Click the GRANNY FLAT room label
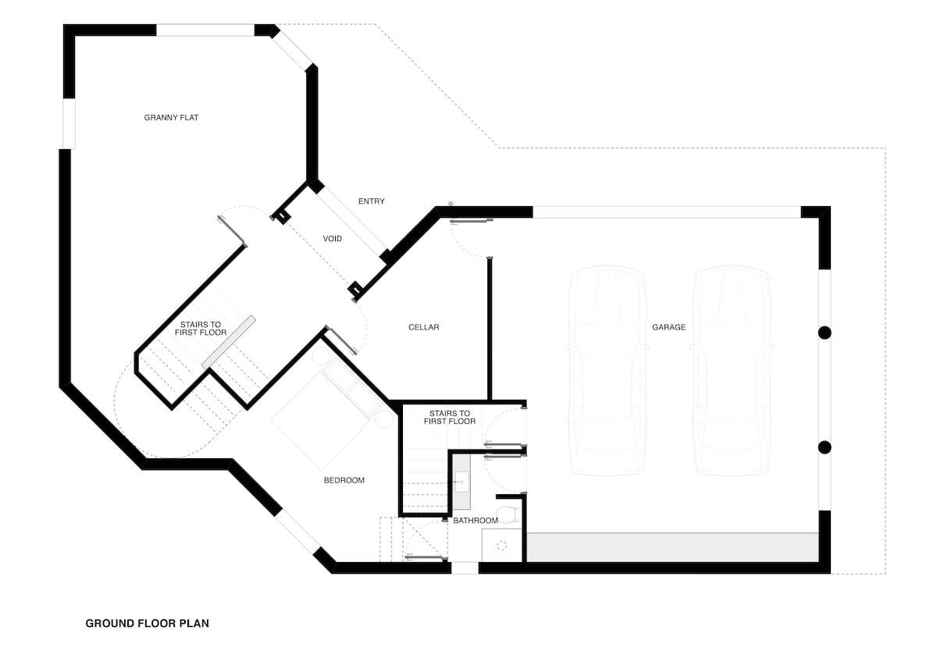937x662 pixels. pos(172,118)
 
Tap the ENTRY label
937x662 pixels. pos(372,201)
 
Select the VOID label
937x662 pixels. pos(333,238)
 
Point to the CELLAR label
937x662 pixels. pos(424,327)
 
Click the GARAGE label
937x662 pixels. pos(669,327)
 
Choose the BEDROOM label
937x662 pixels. pos(344,480)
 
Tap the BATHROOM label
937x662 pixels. pos(476,521)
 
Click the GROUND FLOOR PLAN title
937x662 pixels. pos(147,624)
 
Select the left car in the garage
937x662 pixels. pos(607,371)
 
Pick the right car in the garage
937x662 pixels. pos(732,371)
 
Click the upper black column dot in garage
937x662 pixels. pos(825,333)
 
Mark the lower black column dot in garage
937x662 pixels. pos(825,447)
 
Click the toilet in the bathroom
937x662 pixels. pos(508,514)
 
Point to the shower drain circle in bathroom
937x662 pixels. pos(502,546)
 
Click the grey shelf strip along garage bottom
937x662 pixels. pos(672,547)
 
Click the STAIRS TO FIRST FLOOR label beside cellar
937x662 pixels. pos(450,417)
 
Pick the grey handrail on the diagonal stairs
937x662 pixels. pos(229,341)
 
